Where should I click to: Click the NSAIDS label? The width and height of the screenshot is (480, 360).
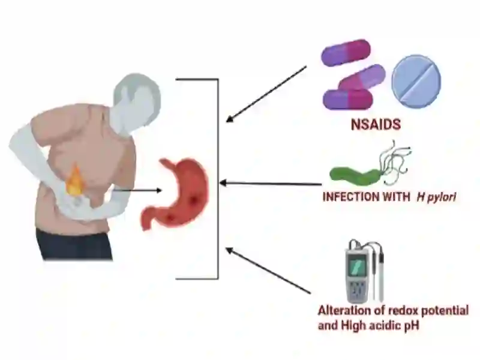point(376,125)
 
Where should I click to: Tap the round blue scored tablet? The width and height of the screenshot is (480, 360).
point(416,82)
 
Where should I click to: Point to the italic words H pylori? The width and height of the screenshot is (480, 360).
point(436,197)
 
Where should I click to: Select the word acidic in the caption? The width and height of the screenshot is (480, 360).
point(386,325)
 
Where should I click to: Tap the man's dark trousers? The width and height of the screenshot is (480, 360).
point(74,244)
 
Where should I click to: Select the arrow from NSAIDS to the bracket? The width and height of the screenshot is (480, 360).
point(266,94)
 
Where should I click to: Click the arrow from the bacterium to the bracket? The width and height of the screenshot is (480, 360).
point(271,184)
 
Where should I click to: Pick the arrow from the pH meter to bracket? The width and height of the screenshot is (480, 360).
point(268,271)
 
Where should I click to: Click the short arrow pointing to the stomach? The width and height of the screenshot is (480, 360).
point(137,190)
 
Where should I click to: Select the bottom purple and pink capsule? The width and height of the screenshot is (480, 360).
point(348,100)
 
